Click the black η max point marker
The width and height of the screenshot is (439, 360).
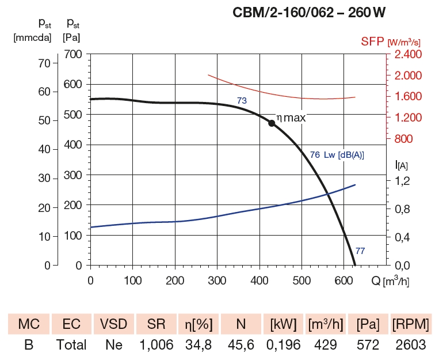click(272, 123)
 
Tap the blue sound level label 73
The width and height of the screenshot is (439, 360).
click(242, 101)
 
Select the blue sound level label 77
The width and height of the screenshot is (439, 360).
click(360, 251)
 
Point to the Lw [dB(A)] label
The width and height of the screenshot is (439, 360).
click(344, 155)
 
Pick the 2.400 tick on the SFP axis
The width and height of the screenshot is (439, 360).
click(408, 55)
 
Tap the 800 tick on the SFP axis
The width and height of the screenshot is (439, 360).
click(404, 139)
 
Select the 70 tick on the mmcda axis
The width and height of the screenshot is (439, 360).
click(44, 63)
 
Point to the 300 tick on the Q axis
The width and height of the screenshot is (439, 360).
click(217, 281)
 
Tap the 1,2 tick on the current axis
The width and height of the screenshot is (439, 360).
click(402, 181)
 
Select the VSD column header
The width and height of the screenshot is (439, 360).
click(114, 324)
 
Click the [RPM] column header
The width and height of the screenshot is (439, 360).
click(410, 324)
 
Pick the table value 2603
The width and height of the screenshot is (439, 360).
click(410, 345)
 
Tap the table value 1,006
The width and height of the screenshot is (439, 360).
click(156, 345)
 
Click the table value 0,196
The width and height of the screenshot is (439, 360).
click(283, 345)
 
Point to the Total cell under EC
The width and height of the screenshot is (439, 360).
click(71, 345)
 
